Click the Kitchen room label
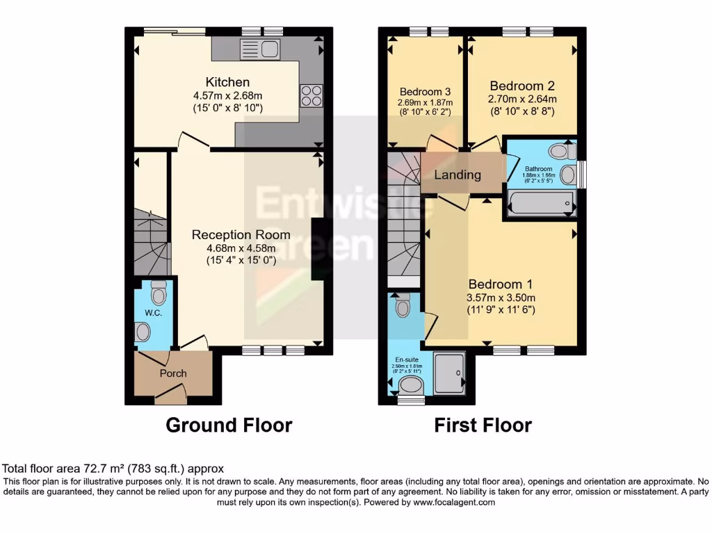227,83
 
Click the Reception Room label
241,234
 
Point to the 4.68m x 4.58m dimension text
241,248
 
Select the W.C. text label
154,314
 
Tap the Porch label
173,373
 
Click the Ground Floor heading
229,425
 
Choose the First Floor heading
483,425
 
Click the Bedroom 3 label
425,92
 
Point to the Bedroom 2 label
522,86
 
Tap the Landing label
458,175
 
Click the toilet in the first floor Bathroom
558,150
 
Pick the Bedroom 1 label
500,284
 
